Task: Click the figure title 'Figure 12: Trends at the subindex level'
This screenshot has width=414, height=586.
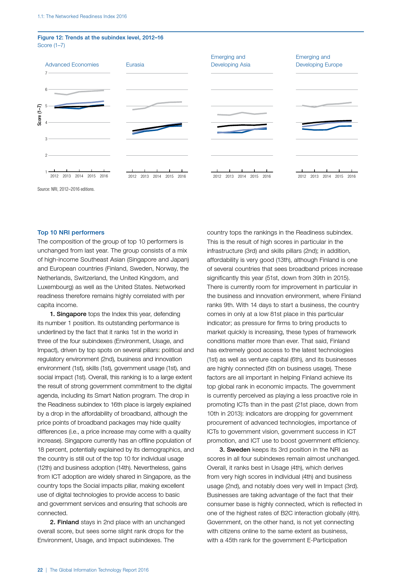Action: (100, 37)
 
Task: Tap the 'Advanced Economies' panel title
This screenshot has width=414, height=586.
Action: (72, 64)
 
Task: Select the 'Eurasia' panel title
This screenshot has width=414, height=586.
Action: (135, 64)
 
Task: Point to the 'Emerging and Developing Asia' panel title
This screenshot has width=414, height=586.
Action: (230, 61)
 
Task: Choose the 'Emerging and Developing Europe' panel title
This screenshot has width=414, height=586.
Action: (319, 61)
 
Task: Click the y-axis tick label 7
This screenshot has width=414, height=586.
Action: (46, 73)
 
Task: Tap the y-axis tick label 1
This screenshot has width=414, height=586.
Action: (46, 172)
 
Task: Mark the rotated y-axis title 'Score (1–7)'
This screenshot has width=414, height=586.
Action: (40, 115)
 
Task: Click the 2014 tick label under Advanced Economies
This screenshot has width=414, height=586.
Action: (79, 176)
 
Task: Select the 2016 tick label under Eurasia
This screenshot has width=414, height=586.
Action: (182, 176)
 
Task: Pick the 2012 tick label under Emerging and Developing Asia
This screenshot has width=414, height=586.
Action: (217, 176)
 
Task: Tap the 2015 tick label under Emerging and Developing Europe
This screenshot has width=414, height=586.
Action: (339, 176)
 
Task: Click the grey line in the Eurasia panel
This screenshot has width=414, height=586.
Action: (157, 104)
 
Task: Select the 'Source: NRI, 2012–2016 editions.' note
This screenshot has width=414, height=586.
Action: (66, 189)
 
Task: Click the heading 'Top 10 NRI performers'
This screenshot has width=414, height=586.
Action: (71, 233)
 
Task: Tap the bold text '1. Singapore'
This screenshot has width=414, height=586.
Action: (68, 314)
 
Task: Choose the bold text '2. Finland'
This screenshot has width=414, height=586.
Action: (64, 522)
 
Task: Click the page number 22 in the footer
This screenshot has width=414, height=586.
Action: (40, 570)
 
